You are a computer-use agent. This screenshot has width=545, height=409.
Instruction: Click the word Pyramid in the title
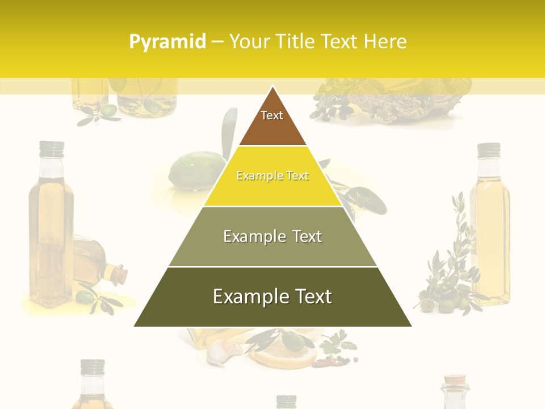tap(167, 42)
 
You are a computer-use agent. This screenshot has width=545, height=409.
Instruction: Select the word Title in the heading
tap(296, 42)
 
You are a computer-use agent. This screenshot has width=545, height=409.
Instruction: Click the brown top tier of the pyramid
tap(272, 122)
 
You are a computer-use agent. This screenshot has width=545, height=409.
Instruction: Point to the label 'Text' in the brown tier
tap(272, 115)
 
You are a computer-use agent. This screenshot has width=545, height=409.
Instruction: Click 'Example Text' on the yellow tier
tap(272, 176)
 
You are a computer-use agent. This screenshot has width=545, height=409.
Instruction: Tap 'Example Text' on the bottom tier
tap(272, 297)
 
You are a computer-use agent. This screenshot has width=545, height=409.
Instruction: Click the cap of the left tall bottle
tap(52, 149)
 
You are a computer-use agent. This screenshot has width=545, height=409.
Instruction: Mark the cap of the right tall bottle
tap(488, 150)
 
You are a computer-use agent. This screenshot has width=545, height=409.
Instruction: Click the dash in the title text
tap(217, 42)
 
